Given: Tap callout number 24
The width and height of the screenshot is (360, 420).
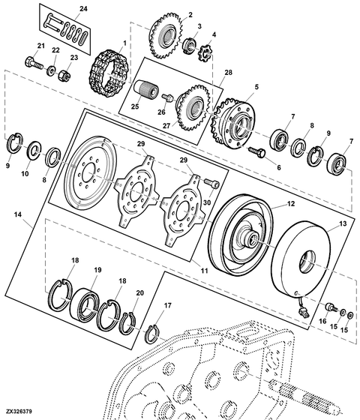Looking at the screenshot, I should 83,8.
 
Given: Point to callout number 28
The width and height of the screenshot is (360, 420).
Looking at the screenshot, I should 228,73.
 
